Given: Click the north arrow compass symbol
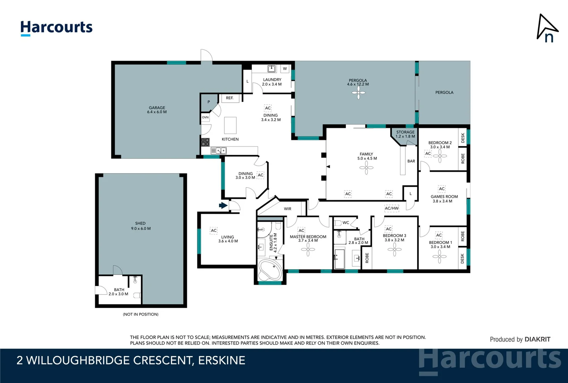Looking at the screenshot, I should [x=547, y=28].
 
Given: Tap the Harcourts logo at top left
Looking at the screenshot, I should [x=56, y=28].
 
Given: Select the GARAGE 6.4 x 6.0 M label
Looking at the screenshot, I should [x=157, y=110].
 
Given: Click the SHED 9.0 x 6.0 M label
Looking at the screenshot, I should [x=141, y=226].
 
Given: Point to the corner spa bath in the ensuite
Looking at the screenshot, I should [x=270, y=270].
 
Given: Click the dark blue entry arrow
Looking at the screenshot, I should [x=223, y=205].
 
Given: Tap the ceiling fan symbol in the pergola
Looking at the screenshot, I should [x=358, y=93].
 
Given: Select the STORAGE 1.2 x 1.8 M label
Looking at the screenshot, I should [x=405, y=134].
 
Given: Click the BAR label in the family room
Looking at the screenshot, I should [x=411, y=161].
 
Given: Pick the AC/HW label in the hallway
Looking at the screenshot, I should [x=392, y=208].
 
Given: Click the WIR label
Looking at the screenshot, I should [x=287, y=209].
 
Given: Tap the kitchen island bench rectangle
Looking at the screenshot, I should [x=230, y=125].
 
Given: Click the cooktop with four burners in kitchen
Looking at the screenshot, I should [x=206, y=142].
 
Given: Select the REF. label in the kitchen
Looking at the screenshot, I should [x=230, y=98].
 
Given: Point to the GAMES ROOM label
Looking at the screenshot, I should [x=444, y=196].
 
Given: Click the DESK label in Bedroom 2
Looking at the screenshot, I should [x=463, y=138].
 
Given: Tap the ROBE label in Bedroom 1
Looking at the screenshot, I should [x=463, y=236].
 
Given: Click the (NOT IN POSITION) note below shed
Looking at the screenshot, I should [x=141, y=314].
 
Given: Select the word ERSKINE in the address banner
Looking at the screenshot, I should [x=221, y=360].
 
